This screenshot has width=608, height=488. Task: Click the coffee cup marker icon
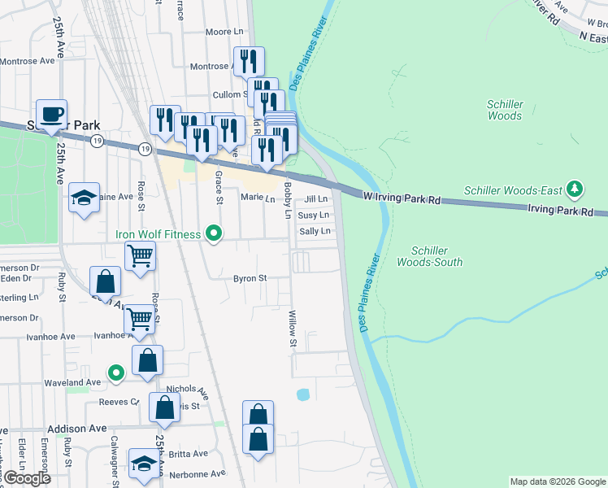pyautogui.click(x=51, y=115)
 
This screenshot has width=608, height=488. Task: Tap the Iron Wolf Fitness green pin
pyautogui.click(x=214, y=234)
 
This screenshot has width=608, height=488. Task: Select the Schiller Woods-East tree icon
pyautogui.click(x=575, y=190)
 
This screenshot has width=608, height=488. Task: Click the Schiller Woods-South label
pyautogui.click(x=430, y=257)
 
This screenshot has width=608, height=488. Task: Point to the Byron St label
pyautogui.click(x=250, y=278)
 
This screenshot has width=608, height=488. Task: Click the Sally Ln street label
pyautogui.click(x=315, y=232)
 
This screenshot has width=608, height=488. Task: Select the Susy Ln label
pyautogui.click(x=313, y=216)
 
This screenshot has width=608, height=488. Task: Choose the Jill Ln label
pyautogui.click(x=315, y=199)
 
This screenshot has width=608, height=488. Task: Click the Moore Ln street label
pyautogui.click(x=224, y=32)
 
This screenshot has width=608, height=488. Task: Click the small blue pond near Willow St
pyautogui.click(x=303, y=395)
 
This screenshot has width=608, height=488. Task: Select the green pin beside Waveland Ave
pyautogui.click(x=116, y=374)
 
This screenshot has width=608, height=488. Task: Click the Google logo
pyautogui.click(x=26, y=478)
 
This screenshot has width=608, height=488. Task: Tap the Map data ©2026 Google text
pyautogui.click(x=557, y=481)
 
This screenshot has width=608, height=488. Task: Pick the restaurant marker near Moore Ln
pyautogui.click(x=248, y=62)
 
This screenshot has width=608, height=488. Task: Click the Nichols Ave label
pyautogui.click(x=186, y=392)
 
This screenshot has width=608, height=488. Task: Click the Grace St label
pyautogui.click(x=219, y=189)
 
